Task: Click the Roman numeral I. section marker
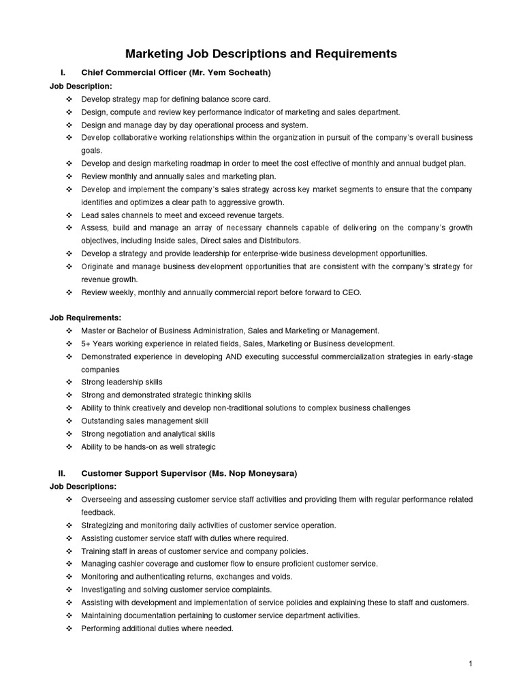[x=63, y=72]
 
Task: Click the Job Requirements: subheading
[x=85, y=318]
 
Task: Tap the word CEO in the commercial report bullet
[x=352, y=292]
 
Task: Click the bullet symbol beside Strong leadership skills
[x=69, y=382]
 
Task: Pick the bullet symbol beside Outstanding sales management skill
[x=69, y=421]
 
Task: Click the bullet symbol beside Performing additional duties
[x=69, y=628]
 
